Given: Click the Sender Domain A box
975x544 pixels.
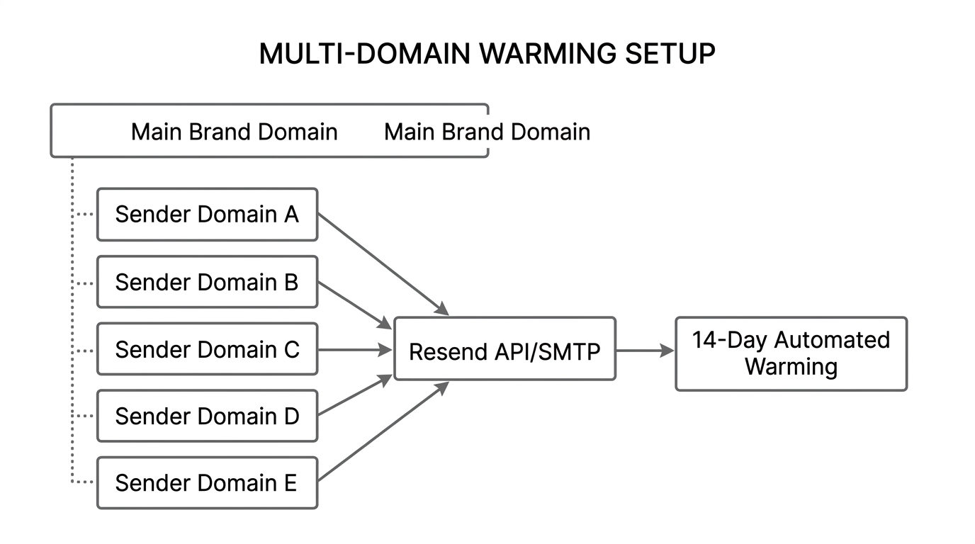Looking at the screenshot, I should (x=207, y=214).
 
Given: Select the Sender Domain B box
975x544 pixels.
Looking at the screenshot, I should (x=207, y=282).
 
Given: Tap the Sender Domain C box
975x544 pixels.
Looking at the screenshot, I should (x=207, y=349).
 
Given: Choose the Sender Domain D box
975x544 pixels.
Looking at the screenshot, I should (x=207, y=416).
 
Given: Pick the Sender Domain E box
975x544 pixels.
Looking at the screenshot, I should (x=207, y=482).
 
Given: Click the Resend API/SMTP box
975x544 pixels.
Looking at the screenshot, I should (x=505, y=349).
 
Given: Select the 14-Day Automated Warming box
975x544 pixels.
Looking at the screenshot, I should (x=791, y=353).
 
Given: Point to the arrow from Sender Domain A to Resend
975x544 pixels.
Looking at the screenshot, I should (x=383, y=264).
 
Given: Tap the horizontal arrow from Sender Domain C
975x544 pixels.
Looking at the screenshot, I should (x=354, y=349).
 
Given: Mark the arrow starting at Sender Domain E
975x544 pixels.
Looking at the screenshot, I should (x=383, y=432).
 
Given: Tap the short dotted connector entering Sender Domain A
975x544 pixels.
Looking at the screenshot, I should (x=85, y=214).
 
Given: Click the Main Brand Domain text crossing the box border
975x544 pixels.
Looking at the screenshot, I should (x=487, y=132).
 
